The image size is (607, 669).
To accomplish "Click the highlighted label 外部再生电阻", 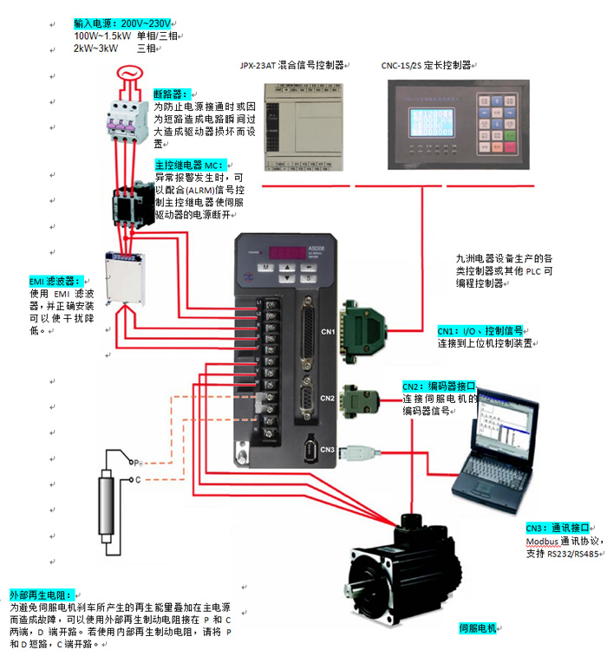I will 39,596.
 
